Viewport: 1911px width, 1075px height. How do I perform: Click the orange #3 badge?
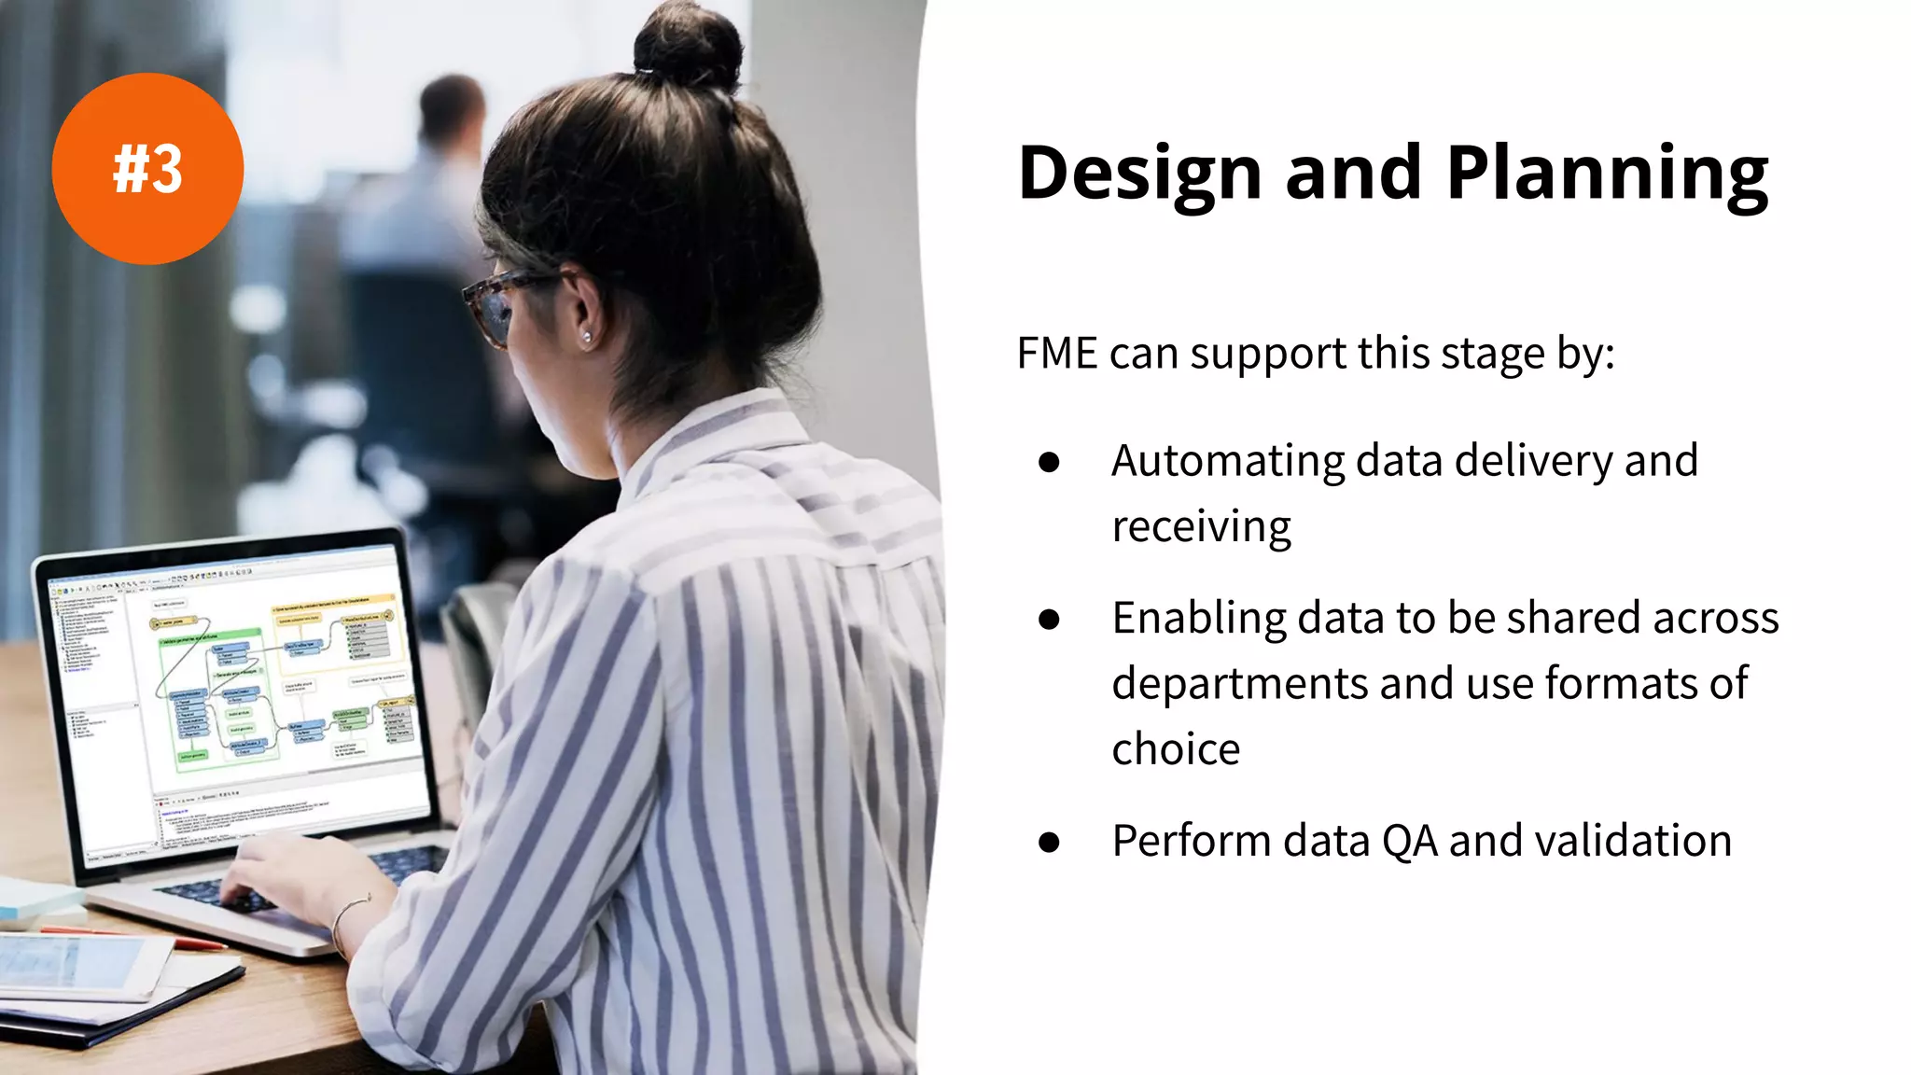147,169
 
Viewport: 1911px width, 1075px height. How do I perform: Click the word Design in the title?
1139,174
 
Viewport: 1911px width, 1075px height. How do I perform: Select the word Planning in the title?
1607,175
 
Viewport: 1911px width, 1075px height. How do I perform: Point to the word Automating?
1226,461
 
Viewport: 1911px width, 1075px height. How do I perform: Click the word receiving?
1201,527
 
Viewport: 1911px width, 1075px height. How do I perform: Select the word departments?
1239,683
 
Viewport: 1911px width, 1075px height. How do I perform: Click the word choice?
1176,749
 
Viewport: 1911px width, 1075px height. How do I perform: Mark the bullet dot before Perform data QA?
1049,843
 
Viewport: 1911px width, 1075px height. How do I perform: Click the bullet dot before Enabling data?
1049,620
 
